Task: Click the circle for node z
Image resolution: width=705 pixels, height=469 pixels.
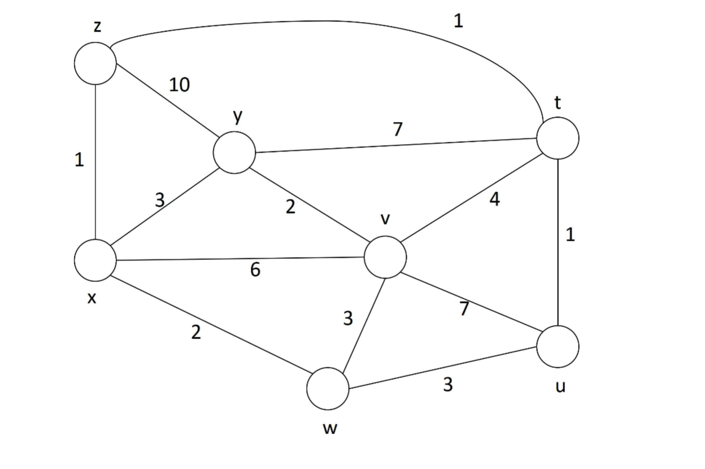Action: tap(95, 63)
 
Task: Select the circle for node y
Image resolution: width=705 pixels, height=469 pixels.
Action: tap(234, 152)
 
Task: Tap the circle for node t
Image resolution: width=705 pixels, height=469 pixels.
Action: tap(558, 138)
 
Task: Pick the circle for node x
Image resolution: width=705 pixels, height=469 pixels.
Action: tap(95, 260)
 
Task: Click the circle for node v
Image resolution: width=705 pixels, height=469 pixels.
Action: tap(385, 257)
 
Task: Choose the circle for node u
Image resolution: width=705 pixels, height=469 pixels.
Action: tap(558, 346)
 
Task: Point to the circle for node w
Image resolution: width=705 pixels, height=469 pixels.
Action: tap(328, 389)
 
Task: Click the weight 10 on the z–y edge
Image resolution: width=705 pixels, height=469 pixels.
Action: tap(180, 85)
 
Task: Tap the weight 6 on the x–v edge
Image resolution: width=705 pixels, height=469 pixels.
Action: tap(255, 270)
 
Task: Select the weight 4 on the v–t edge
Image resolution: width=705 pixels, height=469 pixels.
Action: tap(495, 199)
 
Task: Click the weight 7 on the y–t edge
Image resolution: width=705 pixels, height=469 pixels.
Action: tap(398, 129)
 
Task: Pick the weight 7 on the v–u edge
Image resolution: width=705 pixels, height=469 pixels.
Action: tap(464, 309)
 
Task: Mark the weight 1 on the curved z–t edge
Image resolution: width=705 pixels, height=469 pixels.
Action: tap(458, 21)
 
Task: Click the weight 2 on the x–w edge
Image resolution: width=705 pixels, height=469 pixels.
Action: tap(196, 333)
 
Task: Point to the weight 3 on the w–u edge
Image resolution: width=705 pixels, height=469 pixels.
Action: tap(448, 385)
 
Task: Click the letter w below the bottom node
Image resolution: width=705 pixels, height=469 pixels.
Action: tap(330, 429)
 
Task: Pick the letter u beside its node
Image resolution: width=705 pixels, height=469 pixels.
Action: tap(560, 387)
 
